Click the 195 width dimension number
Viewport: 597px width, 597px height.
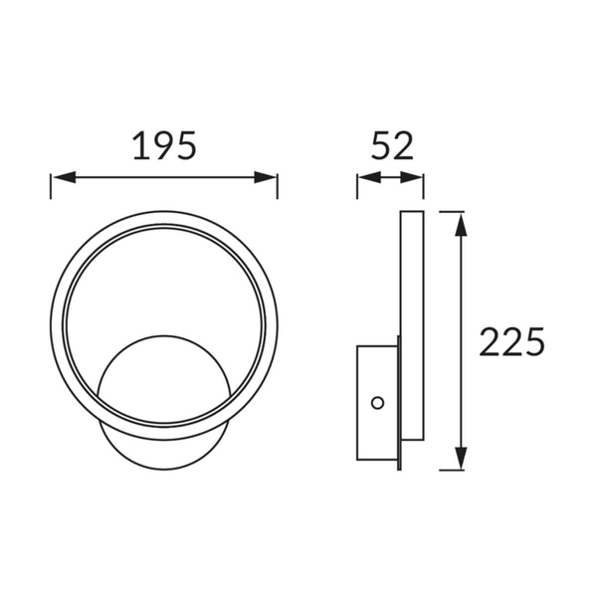(164, 146)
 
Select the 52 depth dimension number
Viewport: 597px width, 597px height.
(391, 146)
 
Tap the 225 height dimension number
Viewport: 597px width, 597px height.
(512, 341)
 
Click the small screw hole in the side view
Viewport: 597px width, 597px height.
(377, 402)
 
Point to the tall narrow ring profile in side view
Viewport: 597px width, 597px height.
(411, 328)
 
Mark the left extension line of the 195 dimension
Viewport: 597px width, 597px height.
(51, 189)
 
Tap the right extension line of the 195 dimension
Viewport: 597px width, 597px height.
(278, 189)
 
